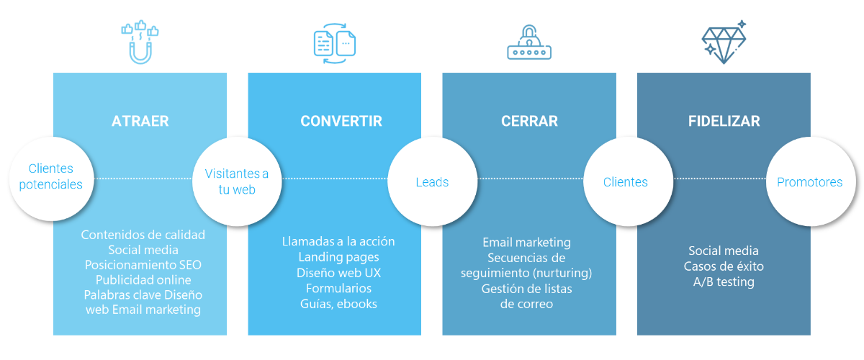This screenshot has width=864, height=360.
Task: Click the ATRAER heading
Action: point(140,121)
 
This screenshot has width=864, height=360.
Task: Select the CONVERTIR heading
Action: point(341,121)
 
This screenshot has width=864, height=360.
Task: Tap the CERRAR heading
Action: point(529,121)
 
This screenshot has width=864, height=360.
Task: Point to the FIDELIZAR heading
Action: point(724,121)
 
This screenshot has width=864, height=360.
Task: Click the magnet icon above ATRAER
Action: point(140,42)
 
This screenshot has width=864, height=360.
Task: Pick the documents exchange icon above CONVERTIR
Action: point(334,43)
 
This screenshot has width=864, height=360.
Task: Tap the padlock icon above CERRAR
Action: point(529,42)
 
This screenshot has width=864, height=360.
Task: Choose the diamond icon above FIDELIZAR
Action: point(724,42)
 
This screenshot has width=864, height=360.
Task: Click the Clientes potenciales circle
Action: point(51,179)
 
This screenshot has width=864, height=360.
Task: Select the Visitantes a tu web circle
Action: point(237,181)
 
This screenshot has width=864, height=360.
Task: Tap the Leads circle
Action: point(433,181)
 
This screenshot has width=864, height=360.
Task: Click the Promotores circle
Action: point(811,181)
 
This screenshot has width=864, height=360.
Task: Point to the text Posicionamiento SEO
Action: point(143,265)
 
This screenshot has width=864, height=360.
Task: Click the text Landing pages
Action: point(338,257)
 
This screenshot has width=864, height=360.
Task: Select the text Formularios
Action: point(338,288)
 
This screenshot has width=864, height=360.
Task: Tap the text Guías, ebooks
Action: point(338,304)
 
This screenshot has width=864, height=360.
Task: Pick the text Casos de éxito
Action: point(724,266)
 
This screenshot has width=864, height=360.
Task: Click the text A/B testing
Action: point(724,282)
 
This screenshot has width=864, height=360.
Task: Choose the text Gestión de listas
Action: point(526,289)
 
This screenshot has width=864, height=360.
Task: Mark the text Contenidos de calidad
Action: point(143,235)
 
